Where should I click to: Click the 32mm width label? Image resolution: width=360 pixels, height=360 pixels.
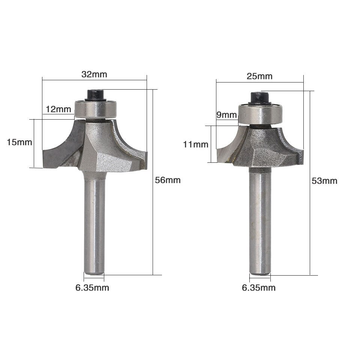point(94,74)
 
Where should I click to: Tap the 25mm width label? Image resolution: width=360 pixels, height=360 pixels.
point(259,76)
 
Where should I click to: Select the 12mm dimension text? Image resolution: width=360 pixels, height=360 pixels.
point(58,109)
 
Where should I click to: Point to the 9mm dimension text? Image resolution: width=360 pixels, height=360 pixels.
point(226,115)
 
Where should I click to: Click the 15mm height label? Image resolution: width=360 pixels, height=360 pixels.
point(19,142)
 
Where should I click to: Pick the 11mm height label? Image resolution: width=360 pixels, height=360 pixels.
point(195,144)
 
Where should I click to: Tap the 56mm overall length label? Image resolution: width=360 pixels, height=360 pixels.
point(168,180)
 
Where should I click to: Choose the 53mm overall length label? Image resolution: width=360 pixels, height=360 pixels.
point(324,181)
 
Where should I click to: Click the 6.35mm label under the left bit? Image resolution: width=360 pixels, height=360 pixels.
point(92,288)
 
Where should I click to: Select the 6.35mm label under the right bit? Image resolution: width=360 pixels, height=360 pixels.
point(259,288)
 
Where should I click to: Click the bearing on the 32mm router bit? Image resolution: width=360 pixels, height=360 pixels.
point(96,109)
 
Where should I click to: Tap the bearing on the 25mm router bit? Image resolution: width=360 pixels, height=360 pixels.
point(261,114)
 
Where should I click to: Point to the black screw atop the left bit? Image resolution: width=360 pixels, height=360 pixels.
point(95,94)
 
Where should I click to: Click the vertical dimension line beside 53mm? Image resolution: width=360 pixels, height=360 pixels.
point(310,225)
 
